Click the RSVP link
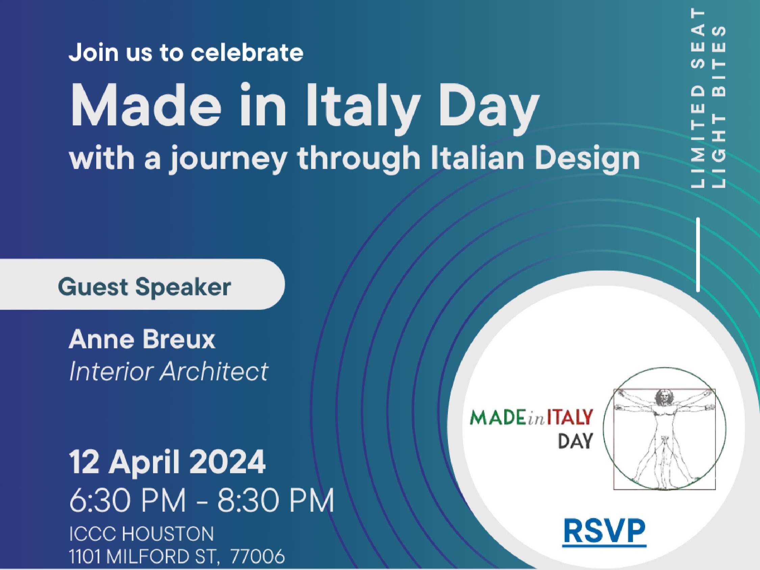pos(604,532)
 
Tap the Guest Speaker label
pos(144,287)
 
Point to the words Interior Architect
pos(169,371)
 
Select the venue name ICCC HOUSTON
pos(141,534)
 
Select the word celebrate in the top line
pos(247,53)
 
